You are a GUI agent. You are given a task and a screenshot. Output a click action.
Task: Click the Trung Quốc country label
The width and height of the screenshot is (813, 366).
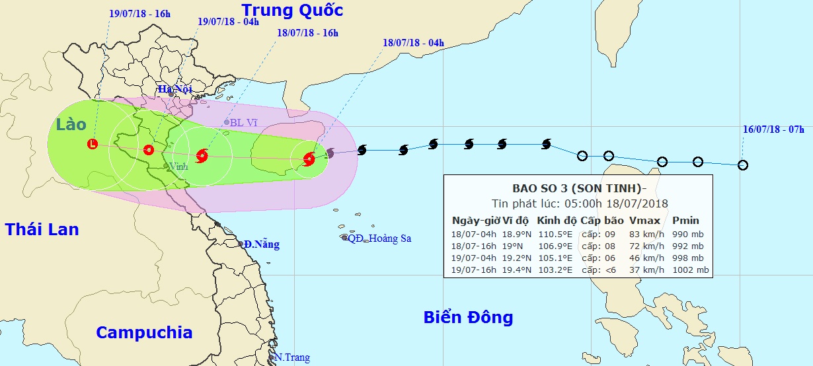(x=292, y=11)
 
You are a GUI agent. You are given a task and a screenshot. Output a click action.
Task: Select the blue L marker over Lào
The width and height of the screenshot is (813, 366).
(x=93, y=143)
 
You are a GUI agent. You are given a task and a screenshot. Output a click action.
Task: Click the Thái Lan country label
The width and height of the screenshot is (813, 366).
(x=42, y=230)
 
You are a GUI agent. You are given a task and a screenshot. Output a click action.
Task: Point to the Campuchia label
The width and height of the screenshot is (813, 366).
(x=143, y=332)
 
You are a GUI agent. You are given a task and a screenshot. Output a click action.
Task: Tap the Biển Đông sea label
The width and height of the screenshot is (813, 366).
(x=468, y=318)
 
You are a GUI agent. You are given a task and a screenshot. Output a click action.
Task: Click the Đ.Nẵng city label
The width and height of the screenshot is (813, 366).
(x=261, y=245)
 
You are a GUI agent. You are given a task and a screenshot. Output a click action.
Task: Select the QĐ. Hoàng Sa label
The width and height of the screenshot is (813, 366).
(x=379, y=238)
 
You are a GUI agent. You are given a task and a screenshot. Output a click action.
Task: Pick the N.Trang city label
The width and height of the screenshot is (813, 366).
(x=291, y=357)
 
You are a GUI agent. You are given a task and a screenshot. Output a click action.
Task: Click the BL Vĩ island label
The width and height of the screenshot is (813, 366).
(x=243, y=123)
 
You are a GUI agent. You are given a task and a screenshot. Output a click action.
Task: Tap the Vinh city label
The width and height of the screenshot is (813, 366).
(x=178, y=166)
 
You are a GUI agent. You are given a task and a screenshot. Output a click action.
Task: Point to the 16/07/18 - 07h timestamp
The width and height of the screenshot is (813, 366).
(x=773, y=130)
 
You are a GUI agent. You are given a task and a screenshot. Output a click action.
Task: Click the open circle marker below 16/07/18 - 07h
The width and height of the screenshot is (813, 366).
(x=743, y=165)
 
